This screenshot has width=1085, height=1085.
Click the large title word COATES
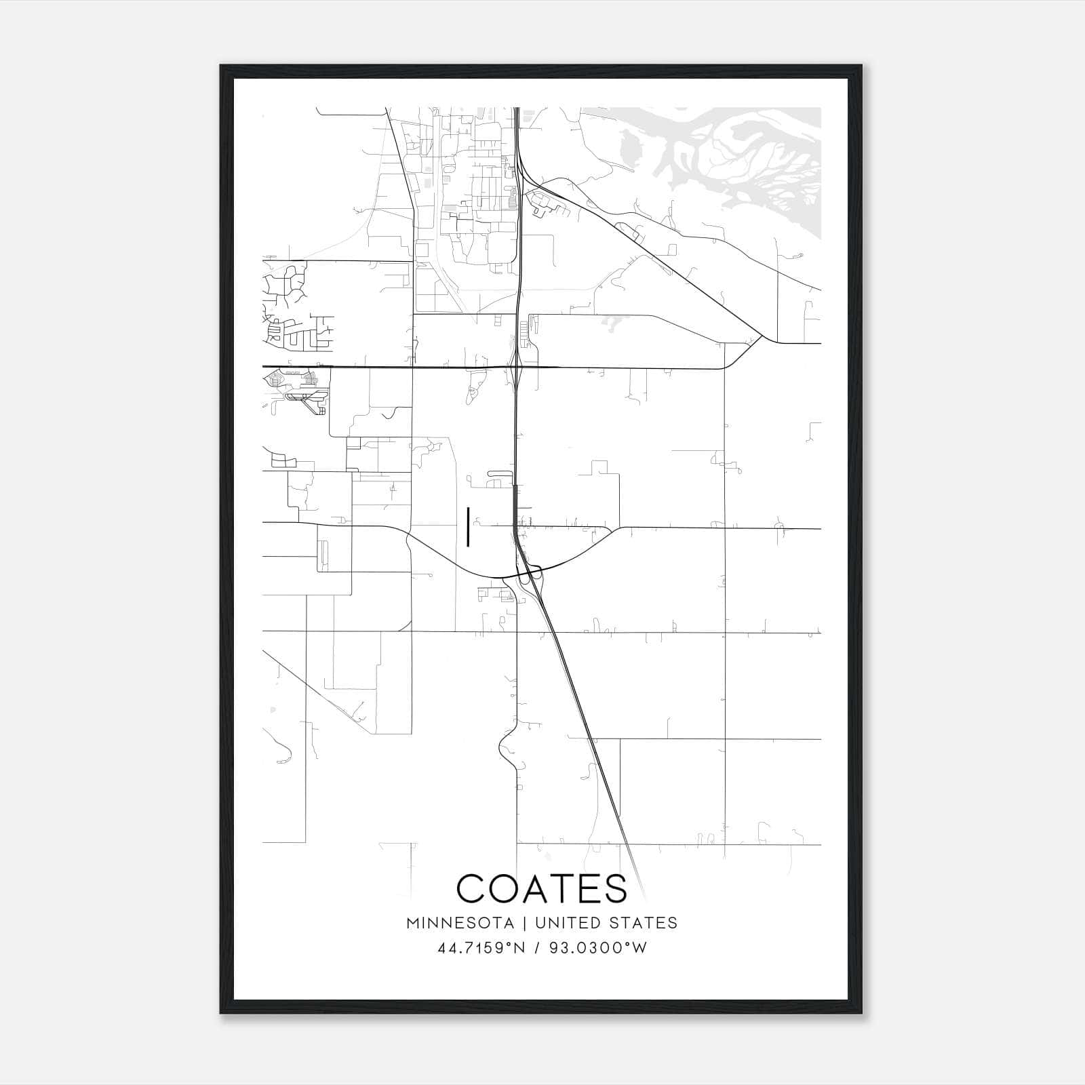click(542, 888)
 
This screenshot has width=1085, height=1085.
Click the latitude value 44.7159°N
click(481, 948)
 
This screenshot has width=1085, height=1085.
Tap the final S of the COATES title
click(616, 888)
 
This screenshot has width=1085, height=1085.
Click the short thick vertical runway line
click(468, 527)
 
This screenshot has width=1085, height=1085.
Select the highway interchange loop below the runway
click(528, 576)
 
